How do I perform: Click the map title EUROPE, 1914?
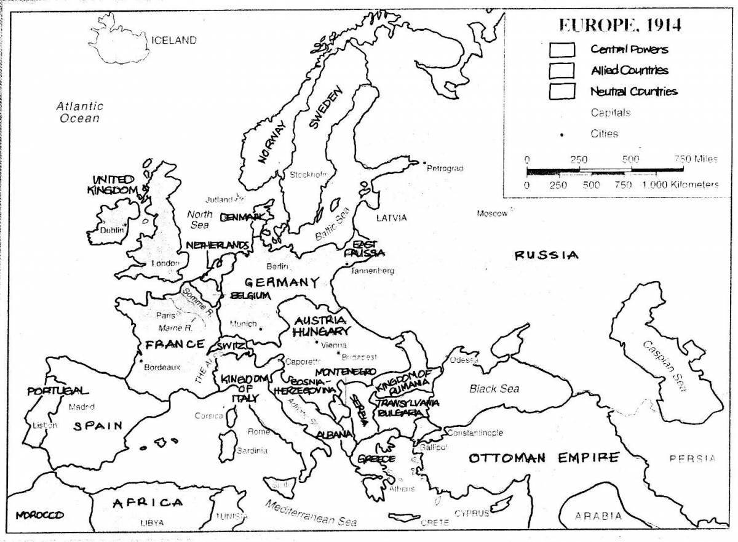[x=619, y=26]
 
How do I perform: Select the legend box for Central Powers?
[x=562, y=49]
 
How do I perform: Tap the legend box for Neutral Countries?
[x=562, y=91]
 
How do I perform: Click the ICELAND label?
[x=173, y=41]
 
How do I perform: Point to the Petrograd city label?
[x=445, y=168]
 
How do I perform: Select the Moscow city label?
[x=492, y=213]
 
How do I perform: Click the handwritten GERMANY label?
[x=282, y=283]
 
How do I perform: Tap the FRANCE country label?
[x=175, y=343]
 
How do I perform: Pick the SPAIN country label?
[x=98, y=425]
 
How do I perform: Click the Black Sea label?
[x=494, y=388]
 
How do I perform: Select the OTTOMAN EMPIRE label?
[x=544, y=458]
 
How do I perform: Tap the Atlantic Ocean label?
[x=79, y=113]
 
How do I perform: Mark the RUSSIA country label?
[x=547, y=255]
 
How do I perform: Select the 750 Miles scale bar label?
[x=696, y=159]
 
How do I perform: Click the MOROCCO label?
[x=41, y=514]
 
